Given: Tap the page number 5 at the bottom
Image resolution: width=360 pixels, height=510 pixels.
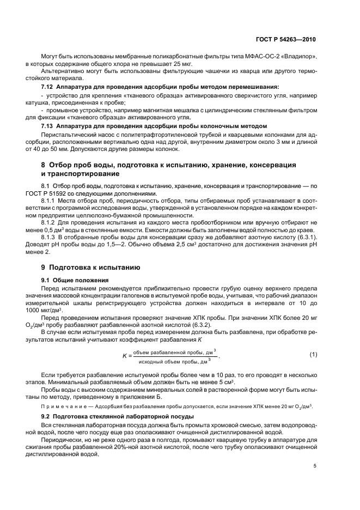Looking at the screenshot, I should click(315, 465).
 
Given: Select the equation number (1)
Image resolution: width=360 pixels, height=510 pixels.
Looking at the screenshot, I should click(313, 355).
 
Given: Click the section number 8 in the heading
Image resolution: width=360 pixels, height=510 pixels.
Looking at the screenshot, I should click(44, 165).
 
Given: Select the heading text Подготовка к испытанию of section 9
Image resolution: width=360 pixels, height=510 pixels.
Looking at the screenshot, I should click(95, 268).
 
